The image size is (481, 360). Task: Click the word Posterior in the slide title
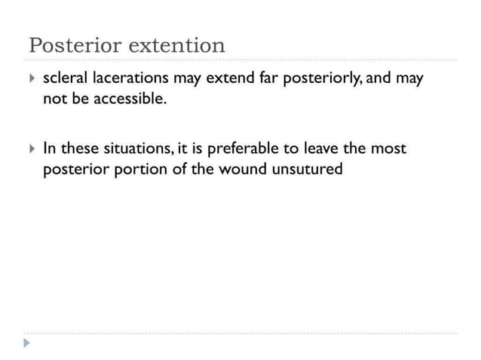tap(75, 45)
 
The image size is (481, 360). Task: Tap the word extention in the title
tap(177, 45)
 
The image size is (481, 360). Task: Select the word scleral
tap(65, 78)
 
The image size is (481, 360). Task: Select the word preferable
tap(242, 148)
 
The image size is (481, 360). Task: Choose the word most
tap(388, 148)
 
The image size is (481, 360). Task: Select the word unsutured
tap(308, 169)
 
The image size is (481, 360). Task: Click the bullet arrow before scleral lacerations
tap(30, 78)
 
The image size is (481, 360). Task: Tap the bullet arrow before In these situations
tap(30, 148)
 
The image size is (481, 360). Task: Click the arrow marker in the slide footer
tap(28, 343)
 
